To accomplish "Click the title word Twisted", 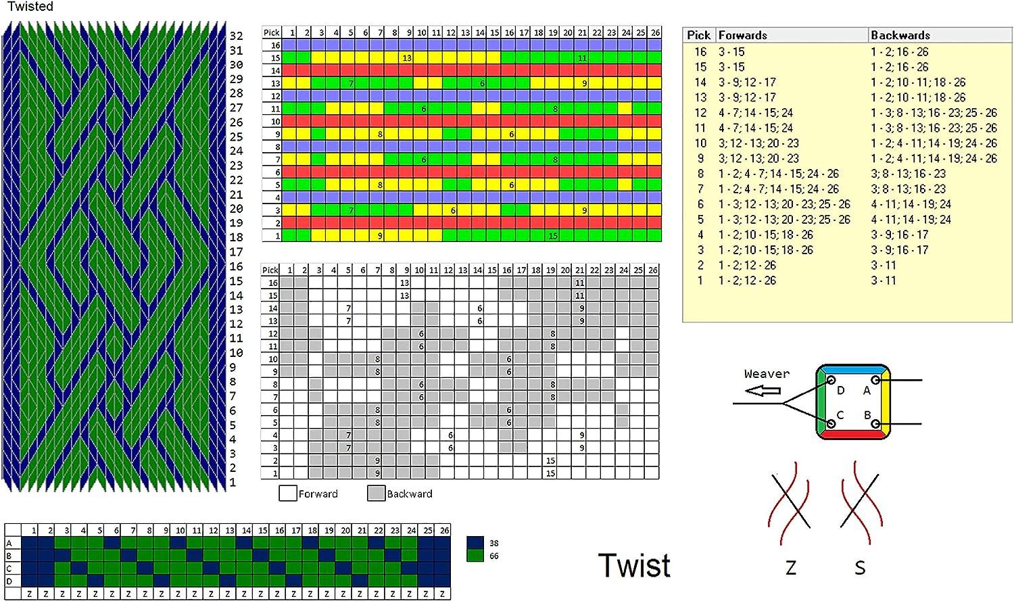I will (x=30, y=7).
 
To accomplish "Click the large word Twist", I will (x=634, y=565).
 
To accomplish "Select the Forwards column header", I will (x=742, y=35).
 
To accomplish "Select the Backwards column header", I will (x=900, y=35).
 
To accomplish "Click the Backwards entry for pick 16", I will (x=899, y=51).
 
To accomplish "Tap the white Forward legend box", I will (x=288, y=494).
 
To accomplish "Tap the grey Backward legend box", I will (x=376, y=494).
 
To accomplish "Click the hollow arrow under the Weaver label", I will (x=763, y=391).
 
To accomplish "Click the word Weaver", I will (x=767, y=374).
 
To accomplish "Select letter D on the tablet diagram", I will (x=840, y=390).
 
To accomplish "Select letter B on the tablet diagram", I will (x=867, y=415).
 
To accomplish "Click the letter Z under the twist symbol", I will (x=791, y=568).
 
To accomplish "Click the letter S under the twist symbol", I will (x=860, y=568).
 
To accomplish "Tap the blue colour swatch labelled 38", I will (x=475, y=543).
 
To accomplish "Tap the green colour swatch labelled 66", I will (x=475, y=556).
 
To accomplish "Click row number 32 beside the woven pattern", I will (x=236, y=36).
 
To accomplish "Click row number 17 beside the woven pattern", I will (x=236, y=251).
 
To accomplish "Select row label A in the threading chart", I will (x=9, y=543).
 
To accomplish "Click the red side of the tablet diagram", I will (x=852, y=435).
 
